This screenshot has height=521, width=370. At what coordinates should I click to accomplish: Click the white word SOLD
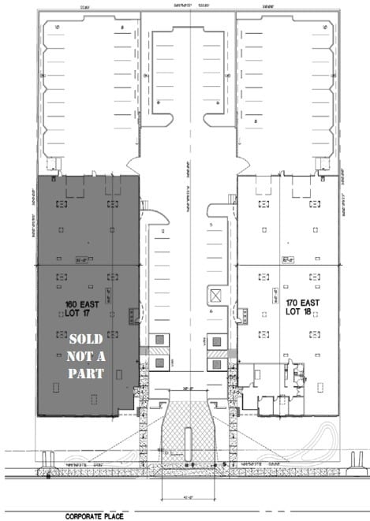tap(86, 340)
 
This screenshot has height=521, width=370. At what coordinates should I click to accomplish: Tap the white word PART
tap(85, 374)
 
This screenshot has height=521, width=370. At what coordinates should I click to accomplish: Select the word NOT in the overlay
tap(85, 356)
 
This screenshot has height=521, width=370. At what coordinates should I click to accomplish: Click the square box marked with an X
tap(215, 296)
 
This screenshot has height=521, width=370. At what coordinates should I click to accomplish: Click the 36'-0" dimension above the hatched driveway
tap(187, 388)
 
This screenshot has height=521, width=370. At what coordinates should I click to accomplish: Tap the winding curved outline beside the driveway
tap(325, 437)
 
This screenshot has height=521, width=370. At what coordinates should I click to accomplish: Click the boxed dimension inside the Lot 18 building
tap(288, 258)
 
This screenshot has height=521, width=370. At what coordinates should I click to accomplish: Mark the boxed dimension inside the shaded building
tap(79, 257)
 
